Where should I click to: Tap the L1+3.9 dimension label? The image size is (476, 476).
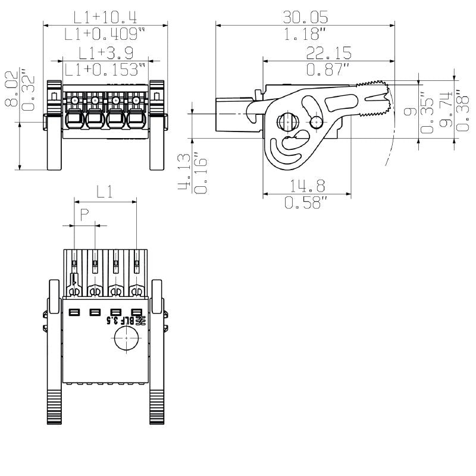coord(105,53)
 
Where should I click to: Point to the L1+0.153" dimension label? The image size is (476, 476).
coord(105,70)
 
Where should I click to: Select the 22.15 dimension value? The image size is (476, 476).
coord(328,53)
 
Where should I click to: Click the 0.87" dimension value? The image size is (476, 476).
coord(328,70)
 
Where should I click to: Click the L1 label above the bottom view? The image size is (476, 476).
coord(105,192)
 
